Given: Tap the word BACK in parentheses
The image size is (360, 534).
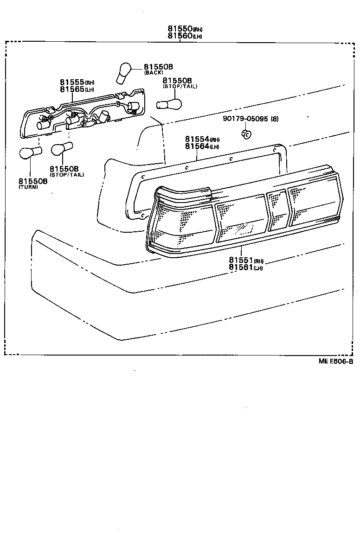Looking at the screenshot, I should click(x=153, y=73).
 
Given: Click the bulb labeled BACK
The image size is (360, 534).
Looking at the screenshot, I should click(x=123, y=74).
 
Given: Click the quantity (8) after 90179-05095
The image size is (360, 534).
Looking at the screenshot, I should click(x=275, y=119).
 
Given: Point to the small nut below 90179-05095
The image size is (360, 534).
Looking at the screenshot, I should click(x=246, y=134).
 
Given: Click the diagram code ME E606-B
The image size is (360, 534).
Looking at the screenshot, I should click(x=335, y=362).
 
